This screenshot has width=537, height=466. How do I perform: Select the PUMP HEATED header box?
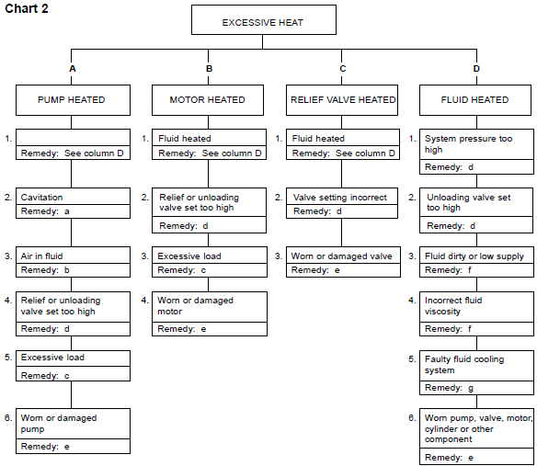[x=72, y=99]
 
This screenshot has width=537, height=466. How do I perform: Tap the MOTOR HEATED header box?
[x=208, y=99]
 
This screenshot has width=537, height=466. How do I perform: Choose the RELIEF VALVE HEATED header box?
[x=343, y=99]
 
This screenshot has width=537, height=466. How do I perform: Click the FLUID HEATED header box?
[x=476, y=99]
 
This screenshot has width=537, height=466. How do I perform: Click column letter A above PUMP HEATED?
[x=72, y=69]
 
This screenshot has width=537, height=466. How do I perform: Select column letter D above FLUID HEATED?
[x=476, y=69]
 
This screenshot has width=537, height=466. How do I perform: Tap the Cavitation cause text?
[x=42, y=198]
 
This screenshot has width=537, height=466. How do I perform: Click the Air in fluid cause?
[x=43, y=256]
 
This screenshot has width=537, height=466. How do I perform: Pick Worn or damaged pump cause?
[x=59, y=424]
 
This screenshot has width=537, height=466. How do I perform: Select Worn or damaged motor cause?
[x=196, y=306]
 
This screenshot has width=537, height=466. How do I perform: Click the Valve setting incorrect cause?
[x=340, y=198]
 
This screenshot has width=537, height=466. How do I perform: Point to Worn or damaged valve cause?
[x=342, y=256]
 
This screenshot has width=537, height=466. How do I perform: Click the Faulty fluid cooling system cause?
[x=464, y=365]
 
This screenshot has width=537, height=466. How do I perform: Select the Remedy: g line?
[x=451, y=388]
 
